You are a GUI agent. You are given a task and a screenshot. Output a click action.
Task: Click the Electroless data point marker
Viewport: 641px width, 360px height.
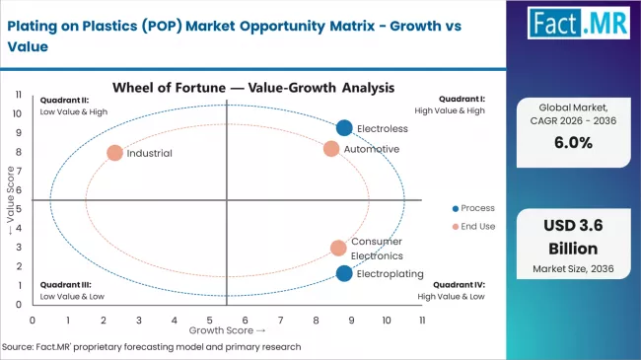click(344, 127)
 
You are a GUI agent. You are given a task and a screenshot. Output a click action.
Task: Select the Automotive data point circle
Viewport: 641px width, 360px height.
click(331, 149)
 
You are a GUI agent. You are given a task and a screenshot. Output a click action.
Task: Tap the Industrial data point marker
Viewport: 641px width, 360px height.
click(114, 153)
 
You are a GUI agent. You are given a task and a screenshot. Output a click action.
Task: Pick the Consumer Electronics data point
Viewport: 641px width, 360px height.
click(338, 248)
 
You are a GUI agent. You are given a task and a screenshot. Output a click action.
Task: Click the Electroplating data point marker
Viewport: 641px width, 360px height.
click(344, 273)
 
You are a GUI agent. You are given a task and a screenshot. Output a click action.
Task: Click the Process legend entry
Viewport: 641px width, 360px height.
click(472, 208)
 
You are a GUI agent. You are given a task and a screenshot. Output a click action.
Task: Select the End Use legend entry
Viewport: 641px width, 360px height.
click(472, 227)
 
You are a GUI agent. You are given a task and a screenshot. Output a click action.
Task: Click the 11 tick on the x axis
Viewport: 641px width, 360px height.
click(422, 321)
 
